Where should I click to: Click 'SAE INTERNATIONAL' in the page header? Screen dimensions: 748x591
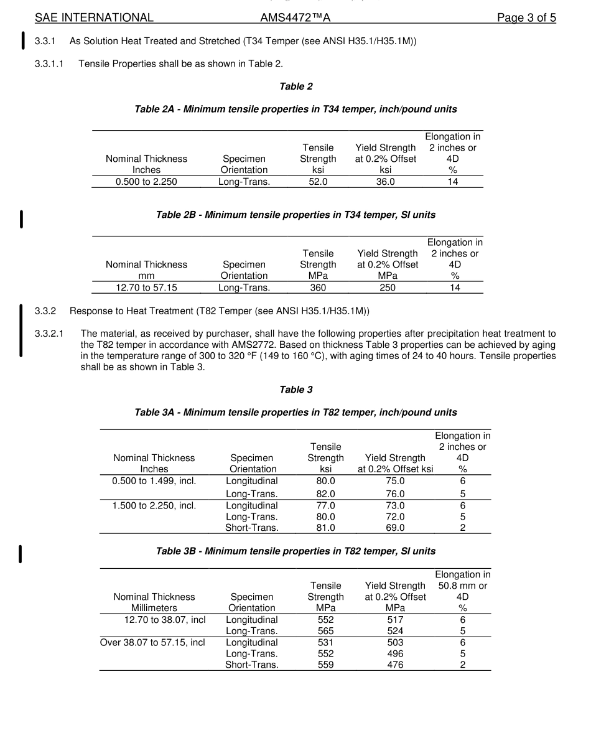click(94, 17)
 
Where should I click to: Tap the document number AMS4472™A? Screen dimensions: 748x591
click(295, 17)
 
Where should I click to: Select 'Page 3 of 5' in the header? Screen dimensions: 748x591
click(526, 17)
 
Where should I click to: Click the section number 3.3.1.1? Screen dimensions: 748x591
click(49, 63)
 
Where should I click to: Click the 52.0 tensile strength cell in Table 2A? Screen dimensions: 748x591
click(318, 182)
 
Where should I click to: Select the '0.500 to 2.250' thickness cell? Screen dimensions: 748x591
click(146, 182)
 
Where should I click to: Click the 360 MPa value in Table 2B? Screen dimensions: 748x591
click(318, 288)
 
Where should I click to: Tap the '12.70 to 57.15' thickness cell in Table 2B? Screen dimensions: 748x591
click(146, 288)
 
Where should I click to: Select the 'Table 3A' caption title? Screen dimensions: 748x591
click(295, 413)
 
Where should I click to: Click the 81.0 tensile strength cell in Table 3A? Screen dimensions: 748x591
click(325, 528)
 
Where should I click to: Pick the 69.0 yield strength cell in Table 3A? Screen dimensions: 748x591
click(394, 528)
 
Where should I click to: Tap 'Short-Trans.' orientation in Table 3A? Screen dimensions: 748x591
click(252, 528)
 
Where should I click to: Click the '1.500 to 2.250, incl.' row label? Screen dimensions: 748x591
click(154, 505)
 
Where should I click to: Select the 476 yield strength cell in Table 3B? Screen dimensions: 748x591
click(394, 665)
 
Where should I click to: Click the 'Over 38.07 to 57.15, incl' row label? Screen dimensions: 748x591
click(152, 642)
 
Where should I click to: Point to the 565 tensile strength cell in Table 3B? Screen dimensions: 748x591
click(325, 631)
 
